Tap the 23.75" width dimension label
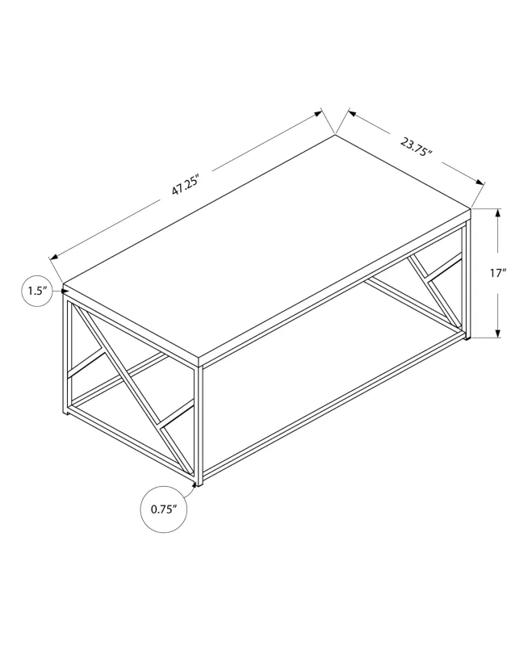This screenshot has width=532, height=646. coord(417,149)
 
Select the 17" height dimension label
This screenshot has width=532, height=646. coord(497,273)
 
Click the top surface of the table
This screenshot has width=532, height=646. coord(266,242)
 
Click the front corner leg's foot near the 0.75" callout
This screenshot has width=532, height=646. coord(197,484)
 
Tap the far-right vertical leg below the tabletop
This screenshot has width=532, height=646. coord(467,279)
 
